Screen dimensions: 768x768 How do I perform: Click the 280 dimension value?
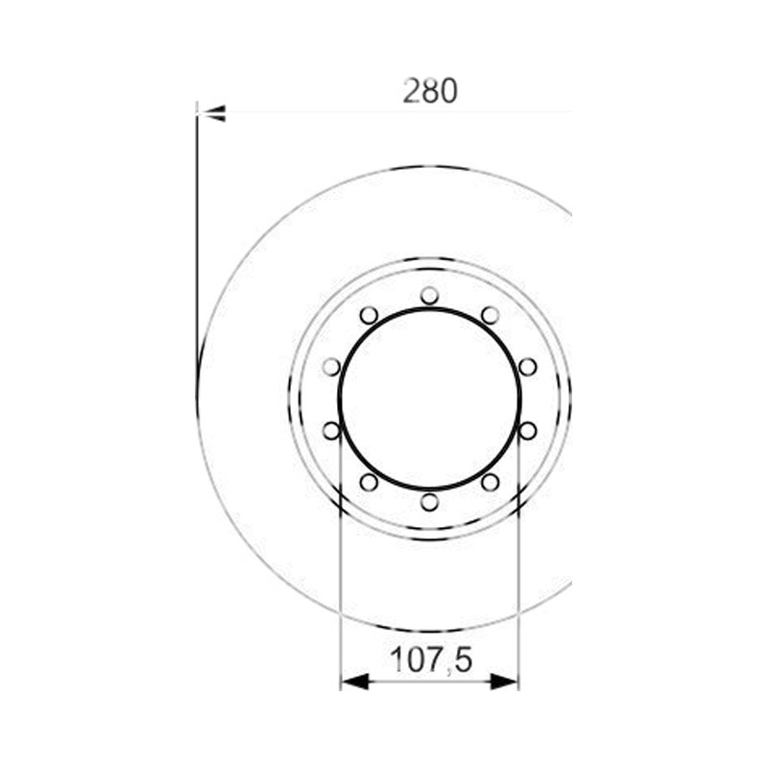430,90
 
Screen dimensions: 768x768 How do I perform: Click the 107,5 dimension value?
431,660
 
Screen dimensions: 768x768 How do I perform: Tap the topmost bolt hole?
429,296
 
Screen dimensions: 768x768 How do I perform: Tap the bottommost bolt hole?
429,502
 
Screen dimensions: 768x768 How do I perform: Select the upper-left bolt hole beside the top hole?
369,316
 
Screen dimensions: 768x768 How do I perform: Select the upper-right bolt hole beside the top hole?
490,316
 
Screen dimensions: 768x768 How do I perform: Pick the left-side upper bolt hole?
331,367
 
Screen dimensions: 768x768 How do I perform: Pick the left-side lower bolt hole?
331,431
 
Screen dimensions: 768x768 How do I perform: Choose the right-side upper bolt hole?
527,367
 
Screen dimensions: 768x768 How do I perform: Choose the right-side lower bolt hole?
527,431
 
